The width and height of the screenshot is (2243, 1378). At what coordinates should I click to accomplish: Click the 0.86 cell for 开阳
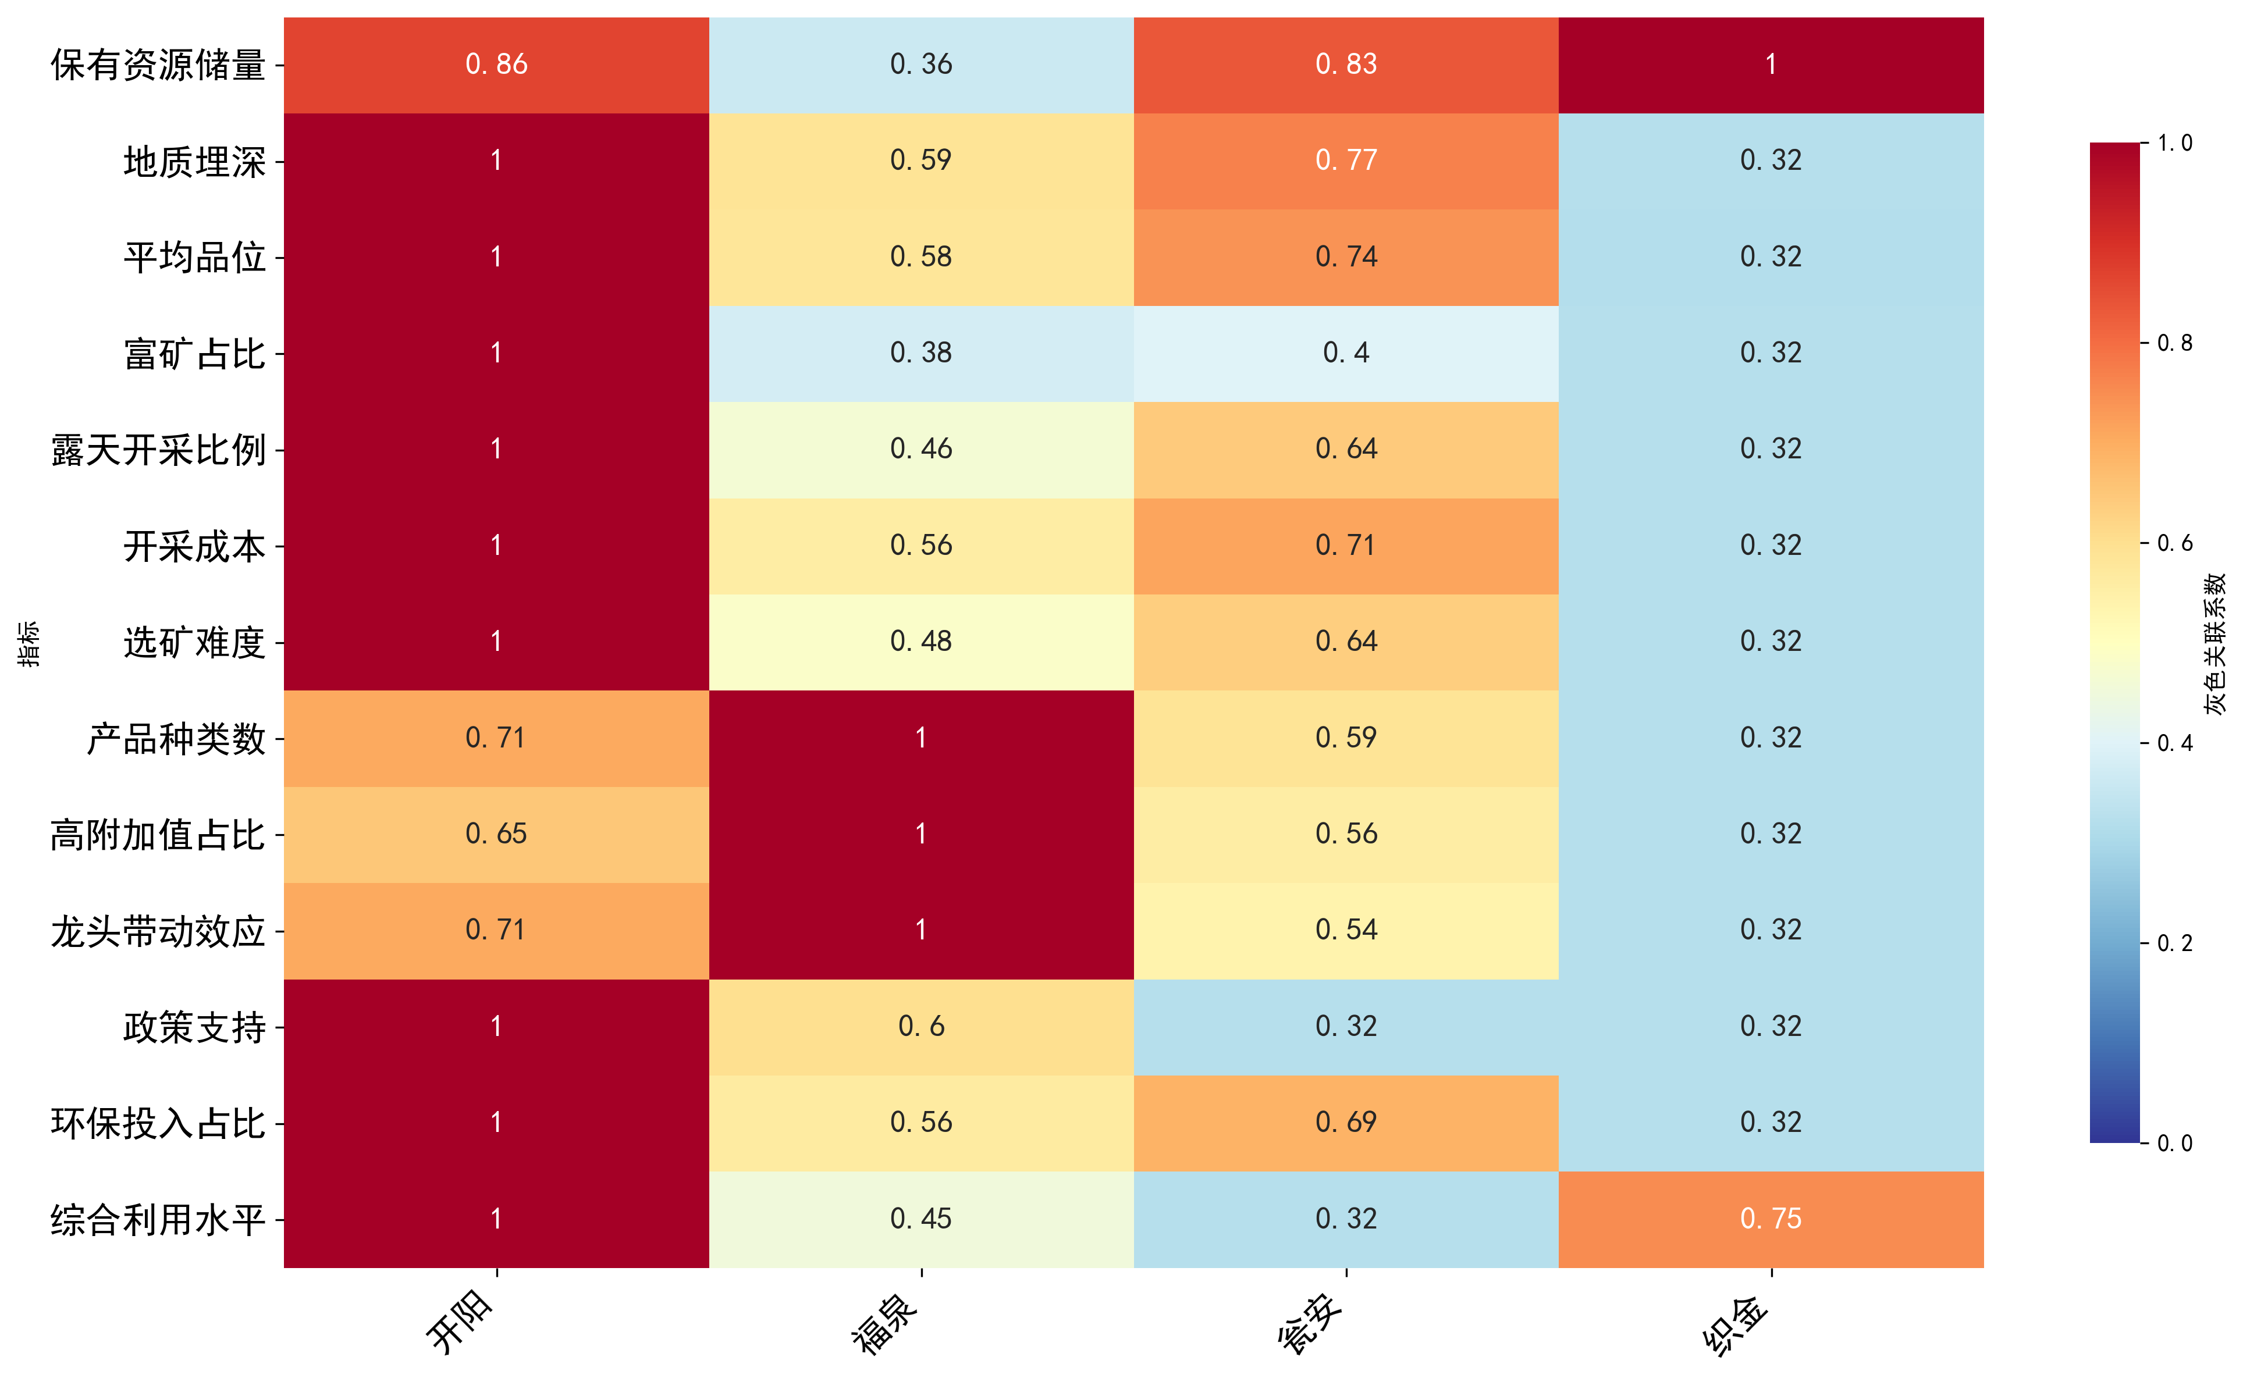click(x=496, y=65)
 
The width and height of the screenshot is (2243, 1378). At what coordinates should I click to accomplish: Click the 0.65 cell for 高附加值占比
click(x=496, y=834)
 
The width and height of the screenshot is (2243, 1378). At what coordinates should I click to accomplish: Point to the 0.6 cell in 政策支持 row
click(x=920, y=1026)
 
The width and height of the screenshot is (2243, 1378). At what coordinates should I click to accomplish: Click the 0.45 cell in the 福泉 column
click(x=920, y=1219)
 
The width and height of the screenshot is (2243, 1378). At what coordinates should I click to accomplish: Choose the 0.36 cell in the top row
click(x=920, y=65)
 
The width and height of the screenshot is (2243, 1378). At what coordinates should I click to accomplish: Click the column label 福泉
click(x=884, y=1324)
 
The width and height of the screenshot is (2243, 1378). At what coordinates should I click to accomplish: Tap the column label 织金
click(x=1734, y=1324)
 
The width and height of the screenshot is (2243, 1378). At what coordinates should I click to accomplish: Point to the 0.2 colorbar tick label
click(x=2174, y=943)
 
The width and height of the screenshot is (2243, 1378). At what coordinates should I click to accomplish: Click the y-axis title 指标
click(x=29, y=643)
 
